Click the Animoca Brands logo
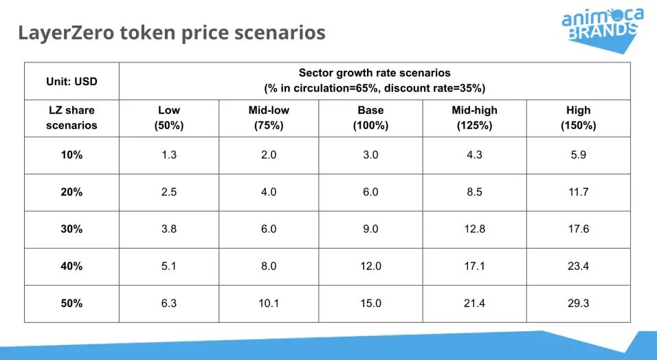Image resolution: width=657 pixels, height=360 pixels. click(x=603, y=30)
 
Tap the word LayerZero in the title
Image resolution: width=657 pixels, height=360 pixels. click(x=66, y=33)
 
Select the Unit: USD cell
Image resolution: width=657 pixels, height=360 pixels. click(x=71, y=81)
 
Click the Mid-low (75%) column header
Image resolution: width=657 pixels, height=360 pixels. click(x=269, y=118)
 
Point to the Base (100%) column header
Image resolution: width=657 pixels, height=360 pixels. click(x=371, y=118)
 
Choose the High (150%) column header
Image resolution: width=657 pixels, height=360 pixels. click(x=578, y=118)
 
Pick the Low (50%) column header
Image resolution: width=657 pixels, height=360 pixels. click(x=169, y=118)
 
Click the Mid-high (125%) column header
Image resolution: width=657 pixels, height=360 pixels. click(x=474, y=118)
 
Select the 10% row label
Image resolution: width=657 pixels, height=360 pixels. click(x=71, y=155)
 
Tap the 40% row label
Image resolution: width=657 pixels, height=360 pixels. click(x=71, y=266)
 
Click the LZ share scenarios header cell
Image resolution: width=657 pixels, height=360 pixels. click(x=71, y=118)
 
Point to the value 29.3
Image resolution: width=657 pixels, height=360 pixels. click(x=578, y=303)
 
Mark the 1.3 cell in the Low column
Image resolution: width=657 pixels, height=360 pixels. click(x=169, y=155)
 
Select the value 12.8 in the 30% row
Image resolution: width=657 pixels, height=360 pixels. click(x=474, y=229)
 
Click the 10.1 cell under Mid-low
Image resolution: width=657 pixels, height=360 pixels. click(x=269, y=303)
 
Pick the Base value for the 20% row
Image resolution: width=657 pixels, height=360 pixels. click(x=371, y=192)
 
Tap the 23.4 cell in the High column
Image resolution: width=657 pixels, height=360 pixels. click(x=578, y=266)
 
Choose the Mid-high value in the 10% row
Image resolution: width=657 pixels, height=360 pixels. click(x=474, y=155)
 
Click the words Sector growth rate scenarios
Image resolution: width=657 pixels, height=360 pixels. click(x=375, y=73)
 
